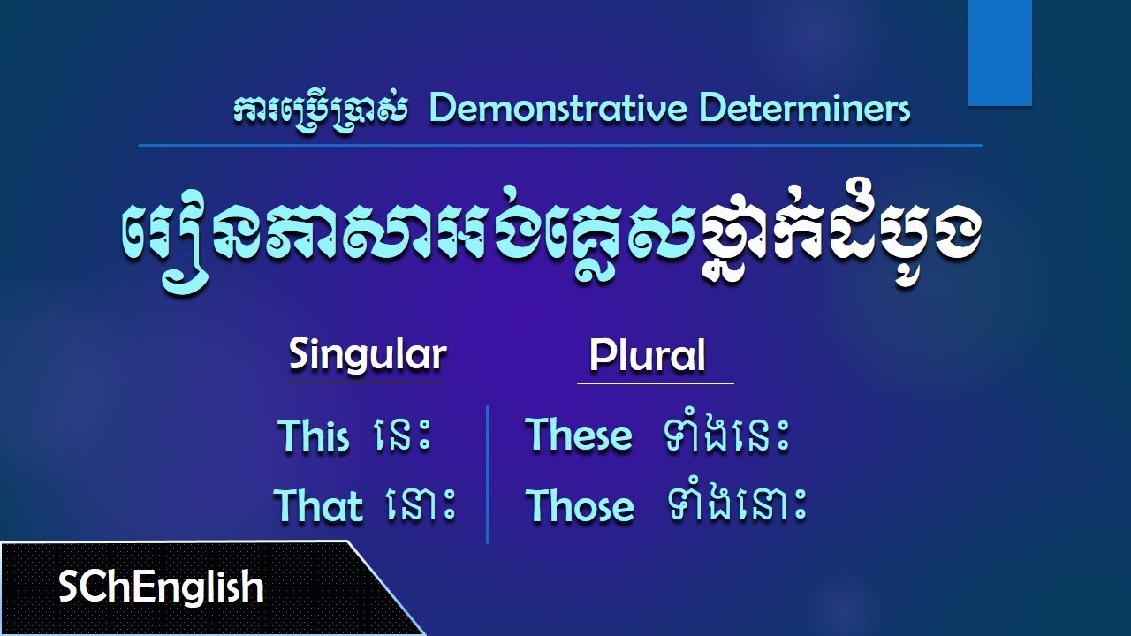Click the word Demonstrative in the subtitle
558,109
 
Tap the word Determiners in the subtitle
804,109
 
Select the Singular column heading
367,356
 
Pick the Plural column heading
647,355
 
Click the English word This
313,435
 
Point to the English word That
318,505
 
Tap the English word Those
580,506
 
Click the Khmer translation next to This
404,436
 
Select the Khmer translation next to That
420,506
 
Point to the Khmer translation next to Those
736,505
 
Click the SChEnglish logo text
161,587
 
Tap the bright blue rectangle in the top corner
999,53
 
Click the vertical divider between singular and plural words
487,474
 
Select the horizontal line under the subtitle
560,146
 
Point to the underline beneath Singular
366,382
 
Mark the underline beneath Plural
656,383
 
